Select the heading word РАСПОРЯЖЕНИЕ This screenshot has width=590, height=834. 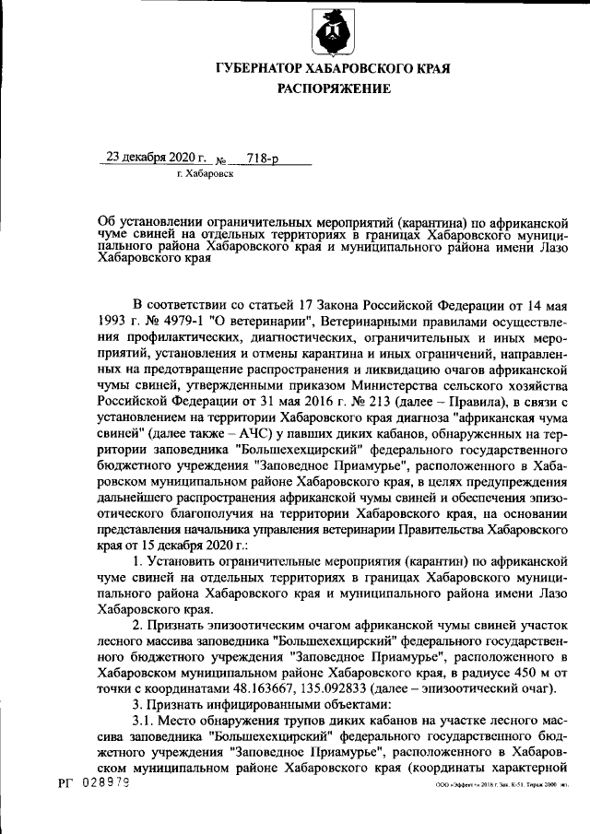334,89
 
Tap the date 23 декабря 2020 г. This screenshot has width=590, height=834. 156,157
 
